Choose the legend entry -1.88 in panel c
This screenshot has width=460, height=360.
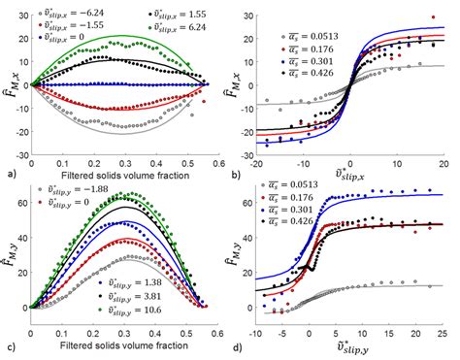pos(72,187)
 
